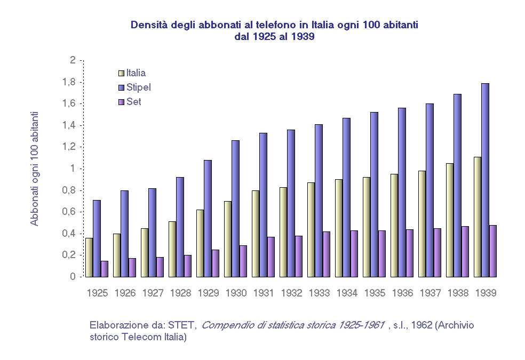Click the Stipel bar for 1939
485,180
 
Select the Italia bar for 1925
89,257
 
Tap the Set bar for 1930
243,261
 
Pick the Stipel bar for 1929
208,218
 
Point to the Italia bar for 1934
339,228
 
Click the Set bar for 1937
437,252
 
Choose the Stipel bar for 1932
291,203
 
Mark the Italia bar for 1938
450,220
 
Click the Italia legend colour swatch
121,73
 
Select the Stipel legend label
139,87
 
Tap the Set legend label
134,101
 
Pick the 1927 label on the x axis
153,293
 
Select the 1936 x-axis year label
402,293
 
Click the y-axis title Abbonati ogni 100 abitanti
35,169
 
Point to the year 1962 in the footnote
421,325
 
